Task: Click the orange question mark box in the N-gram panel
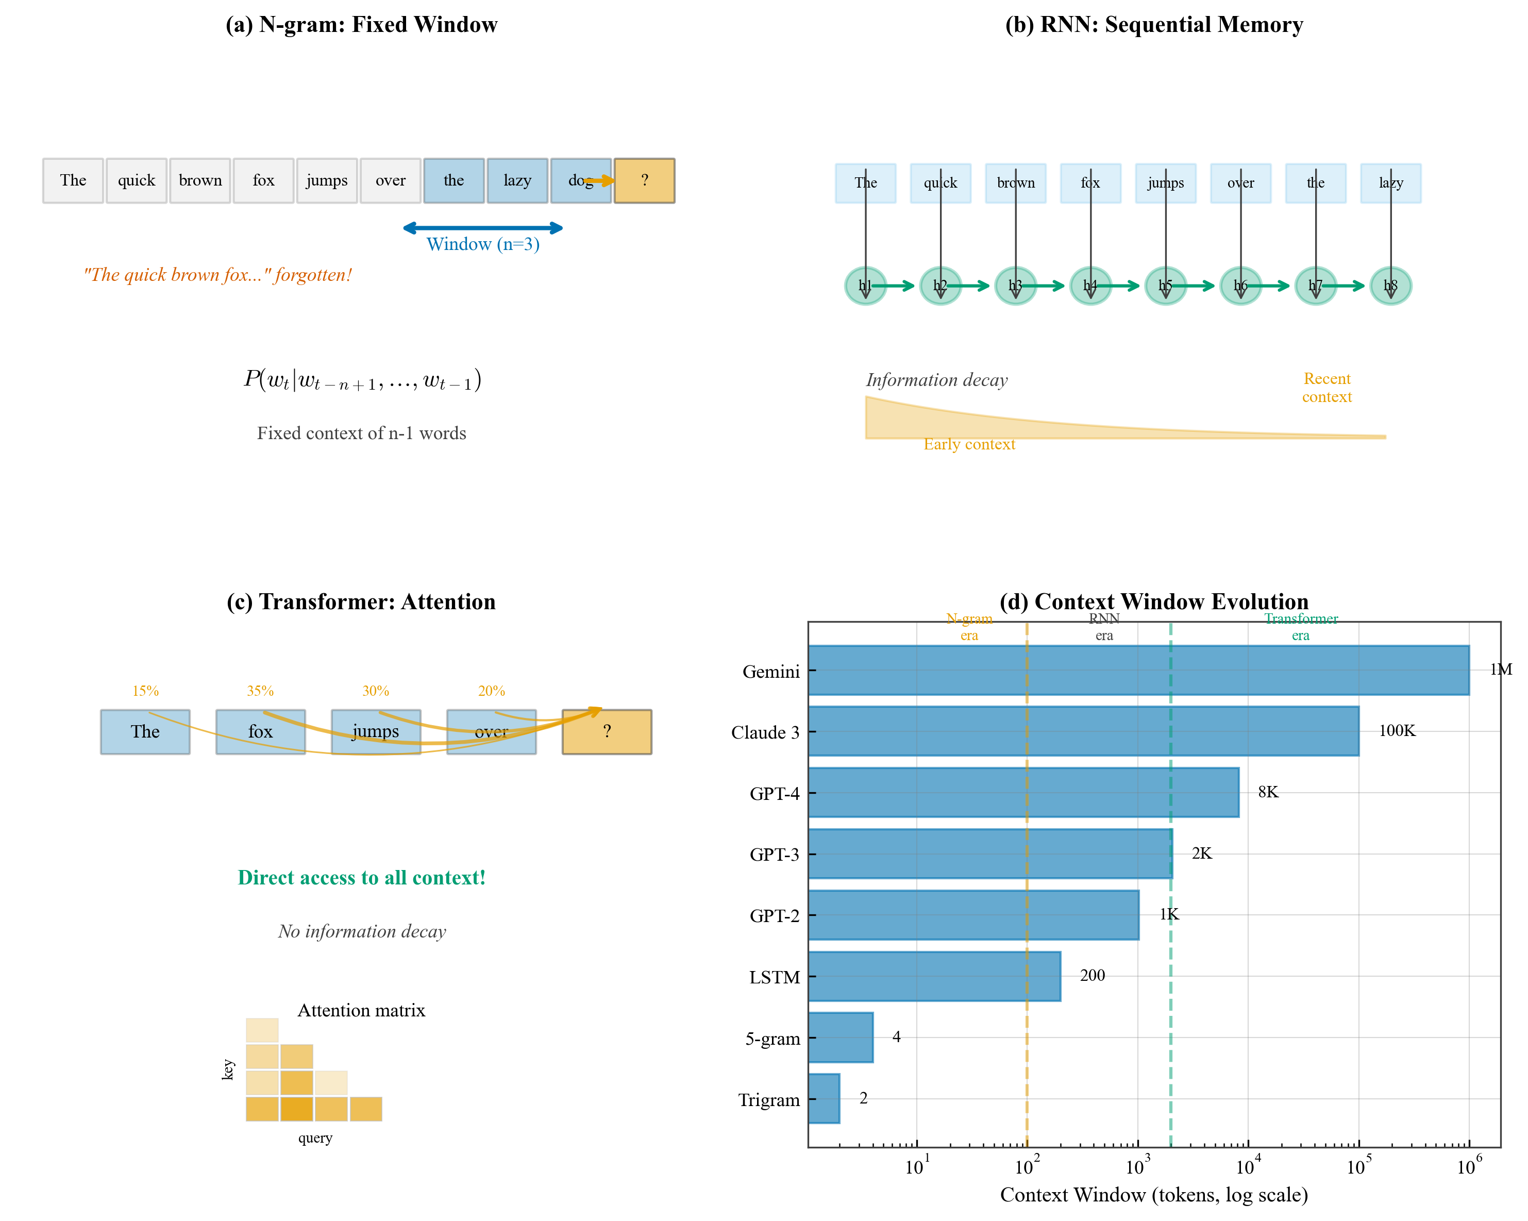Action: pyautogui.click(x=644, y=181)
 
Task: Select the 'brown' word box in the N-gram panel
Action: pyautogui.click(x=200, y=181)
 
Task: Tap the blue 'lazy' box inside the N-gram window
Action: pyautogui.click(x=517, y=181)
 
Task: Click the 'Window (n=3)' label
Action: pyautogui.click(x=483, y=244)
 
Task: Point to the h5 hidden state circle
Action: pyautogui.click(x=1165, y=286)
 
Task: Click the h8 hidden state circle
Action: pyautogui.click(x=1390, y=286)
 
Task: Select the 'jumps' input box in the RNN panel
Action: pyautogui.click(x=1165, y=183)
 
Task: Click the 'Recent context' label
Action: pyautogui.click(x=1326, y=388)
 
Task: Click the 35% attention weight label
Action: pyautogui.click(x=260, y=691)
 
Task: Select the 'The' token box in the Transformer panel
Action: pyautogui.click(x=145, y=731)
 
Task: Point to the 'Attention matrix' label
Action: pyautogui.click(x=361, y=1011)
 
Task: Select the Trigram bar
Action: pyautogui.click(x=824, y=1098)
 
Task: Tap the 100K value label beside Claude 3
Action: pyautogui.click(x=1396, y=731)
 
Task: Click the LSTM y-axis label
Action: pyautogui.click(x=774, y=977)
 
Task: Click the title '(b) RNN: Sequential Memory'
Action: pyautogui.click(x=1153, y=25)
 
